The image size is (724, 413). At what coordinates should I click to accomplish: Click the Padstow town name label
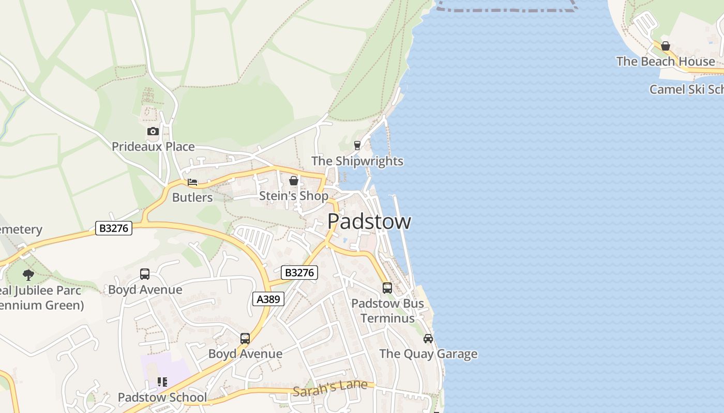click(x=369, y=221)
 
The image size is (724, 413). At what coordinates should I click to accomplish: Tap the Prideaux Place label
click(x=153, y=147)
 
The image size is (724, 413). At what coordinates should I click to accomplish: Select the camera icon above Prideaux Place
click(x=153, y=131)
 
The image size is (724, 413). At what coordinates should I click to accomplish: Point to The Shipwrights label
click(x=357, y=161)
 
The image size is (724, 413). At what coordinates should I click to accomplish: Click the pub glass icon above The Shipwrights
click(x=357, y=146)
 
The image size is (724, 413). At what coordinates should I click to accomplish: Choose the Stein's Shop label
click(x=293, y=196)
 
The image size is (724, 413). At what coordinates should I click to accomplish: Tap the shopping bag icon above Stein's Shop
click(x=294, y=181)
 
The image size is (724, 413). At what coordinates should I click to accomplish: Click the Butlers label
click(x=192, y=197)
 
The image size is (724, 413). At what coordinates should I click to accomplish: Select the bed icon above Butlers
click(x=192, y=182)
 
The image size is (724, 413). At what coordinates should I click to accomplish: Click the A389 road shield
click(x=269, y=299)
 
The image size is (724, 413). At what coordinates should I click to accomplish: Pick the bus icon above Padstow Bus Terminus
click(x=387, y=288)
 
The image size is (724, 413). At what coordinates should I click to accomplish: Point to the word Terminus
click(x=387, y=318)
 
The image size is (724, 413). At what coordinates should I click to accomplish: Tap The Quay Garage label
click(x=428, y=354)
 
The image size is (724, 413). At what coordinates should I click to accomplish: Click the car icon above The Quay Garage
click(x=428, y=339)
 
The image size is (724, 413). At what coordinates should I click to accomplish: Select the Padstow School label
click(x=162, y=398)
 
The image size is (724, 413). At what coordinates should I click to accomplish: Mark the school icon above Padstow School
click(x=162, y=382)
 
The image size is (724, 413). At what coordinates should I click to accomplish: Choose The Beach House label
click(x=666, y=61)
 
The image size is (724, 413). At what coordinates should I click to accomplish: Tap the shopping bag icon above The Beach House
click(x=666, y=46)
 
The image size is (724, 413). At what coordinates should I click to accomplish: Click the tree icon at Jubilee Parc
click(x=28, y=275)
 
